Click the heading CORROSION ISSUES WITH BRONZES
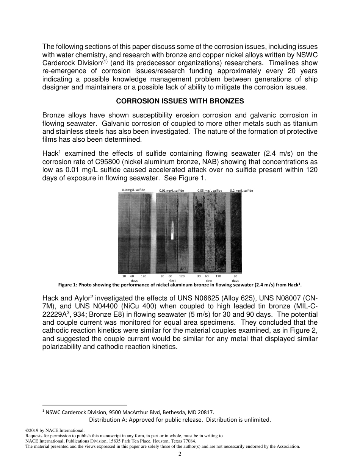[x=180, y=101]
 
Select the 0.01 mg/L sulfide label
[x=171, y=190]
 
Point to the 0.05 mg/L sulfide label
[x=210, y=190]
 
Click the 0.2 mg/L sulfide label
[x=241, y=190]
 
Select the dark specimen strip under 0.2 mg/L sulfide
[x=236, y=233]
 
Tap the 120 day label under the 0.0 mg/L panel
[x=144, y=277]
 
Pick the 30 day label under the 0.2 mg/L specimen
[x=235, y=277]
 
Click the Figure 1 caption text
[x=180, y=285]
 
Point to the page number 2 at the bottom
[x=180, y=454]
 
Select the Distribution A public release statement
[x=180, y=419]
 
